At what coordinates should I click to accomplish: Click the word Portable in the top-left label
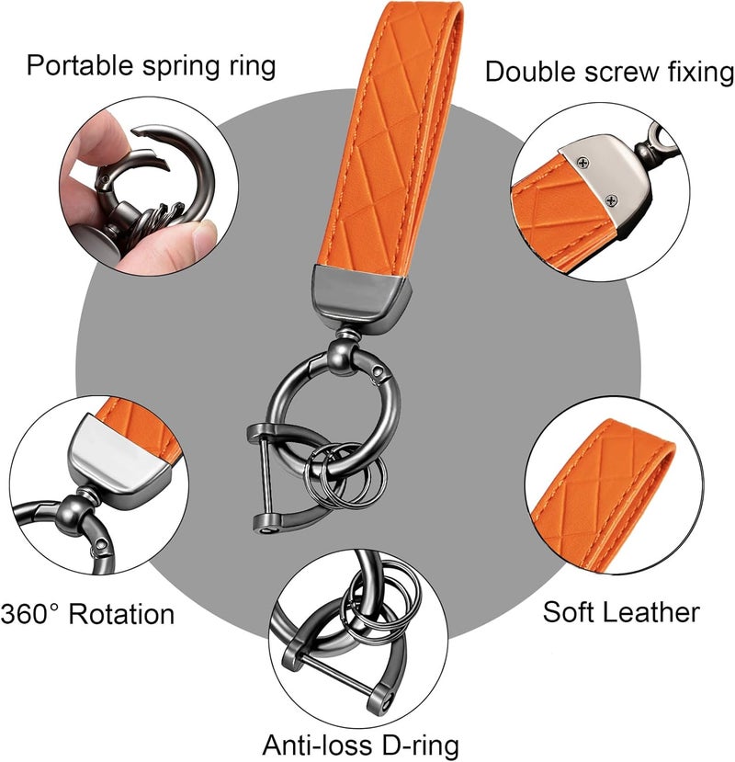click(80, 65)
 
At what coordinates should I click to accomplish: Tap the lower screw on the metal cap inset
click(611, 199)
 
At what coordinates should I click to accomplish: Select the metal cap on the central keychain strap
click(360, 298)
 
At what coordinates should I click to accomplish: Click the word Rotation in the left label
click(121, 614)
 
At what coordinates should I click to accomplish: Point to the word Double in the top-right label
click(531, 72)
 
